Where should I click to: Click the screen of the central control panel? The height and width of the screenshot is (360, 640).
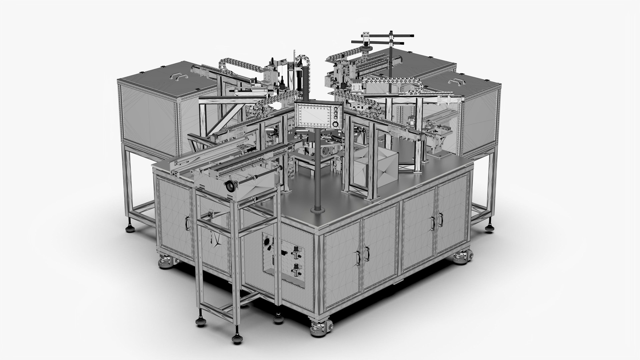314,115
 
